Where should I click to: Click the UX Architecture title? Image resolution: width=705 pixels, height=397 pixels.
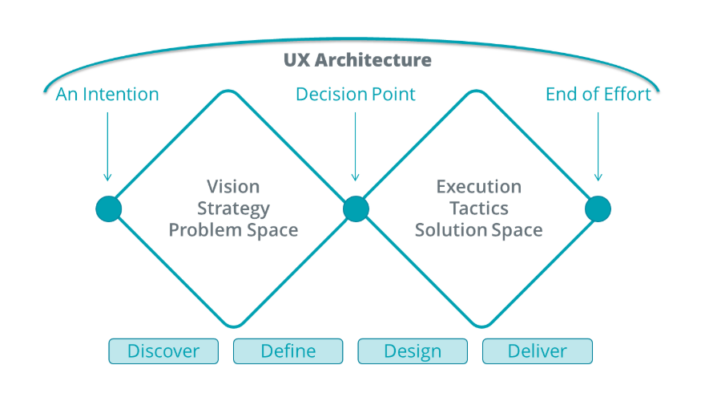tap(357, 61)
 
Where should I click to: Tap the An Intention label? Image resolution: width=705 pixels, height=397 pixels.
tap(107, 95)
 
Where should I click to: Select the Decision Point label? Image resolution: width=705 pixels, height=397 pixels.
tap(356, 95)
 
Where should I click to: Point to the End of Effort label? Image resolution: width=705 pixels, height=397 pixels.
tap(598, 95)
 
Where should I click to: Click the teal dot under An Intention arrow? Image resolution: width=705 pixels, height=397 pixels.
tap(108, 209)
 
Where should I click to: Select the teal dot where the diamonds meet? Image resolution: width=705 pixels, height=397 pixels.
tap(356, 209)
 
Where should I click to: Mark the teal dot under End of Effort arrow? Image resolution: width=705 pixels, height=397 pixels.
tap(598, 209)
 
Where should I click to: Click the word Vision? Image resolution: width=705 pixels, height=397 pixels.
tap(233, 187)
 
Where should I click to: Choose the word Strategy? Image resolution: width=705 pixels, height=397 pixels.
tap(233, 209)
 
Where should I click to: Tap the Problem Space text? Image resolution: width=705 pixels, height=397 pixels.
tap(233, 230)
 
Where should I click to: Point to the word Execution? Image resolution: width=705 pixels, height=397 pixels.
tap(479, 187)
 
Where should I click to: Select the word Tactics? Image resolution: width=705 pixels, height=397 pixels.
tap(479, 209)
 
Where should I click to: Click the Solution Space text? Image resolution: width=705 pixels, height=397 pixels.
tap(479, 230)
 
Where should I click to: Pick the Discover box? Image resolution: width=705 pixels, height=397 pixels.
tap(163, 351)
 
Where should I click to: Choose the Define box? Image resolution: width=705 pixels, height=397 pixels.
tap(288, 351)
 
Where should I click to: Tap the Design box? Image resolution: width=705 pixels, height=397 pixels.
tap(413, 351)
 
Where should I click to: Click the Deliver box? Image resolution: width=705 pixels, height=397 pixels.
tap(537, 351)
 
